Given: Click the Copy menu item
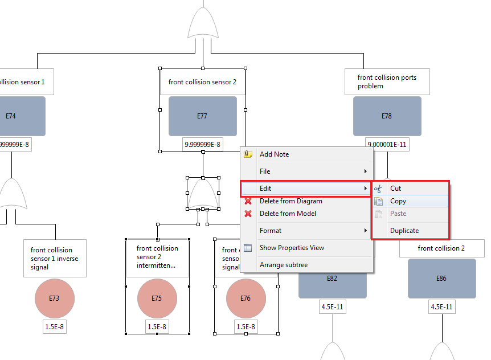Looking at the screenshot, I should coord(398,201).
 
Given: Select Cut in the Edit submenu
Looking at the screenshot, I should coord(395,189).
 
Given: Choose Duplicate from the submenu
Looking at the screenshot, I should coord(404,231).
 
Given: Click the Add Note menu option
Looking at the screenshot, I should coord(274,154).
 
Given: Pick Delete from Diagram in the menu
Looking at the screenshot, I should coord(290,201).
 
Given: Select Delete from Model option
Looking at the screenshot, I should coord(288,214).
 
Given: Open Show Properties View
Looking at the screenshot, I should coord(292,248).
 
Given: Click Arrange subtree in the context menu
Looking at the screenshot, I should coord(284,265).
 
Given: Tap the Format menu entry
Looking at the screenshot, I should coord(271,231).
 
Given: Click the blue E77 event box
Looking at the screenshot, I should coord(202,116).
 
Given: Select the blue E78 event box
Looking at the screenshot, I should coord(387,116).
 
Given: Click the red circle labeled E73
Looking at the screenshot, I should coord(54,298).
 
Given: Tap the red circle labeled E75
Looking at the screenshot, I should coord(157,298).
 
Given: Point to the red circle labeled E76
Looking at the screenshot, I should coord(245,298).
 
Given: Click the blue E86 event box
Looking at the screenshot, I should coord(441,279).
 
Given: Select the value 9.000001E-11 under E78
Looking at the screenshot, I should coord(387,145).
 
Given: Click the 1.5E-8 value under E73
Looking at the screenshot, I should coord(54,327).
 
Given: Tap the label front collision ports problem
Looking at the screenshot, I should coord(387,81).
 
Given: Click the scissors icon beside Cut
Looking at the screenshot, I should coord(378,189).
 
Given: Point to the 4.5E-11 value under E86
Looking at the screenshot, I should coord(441,307).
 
